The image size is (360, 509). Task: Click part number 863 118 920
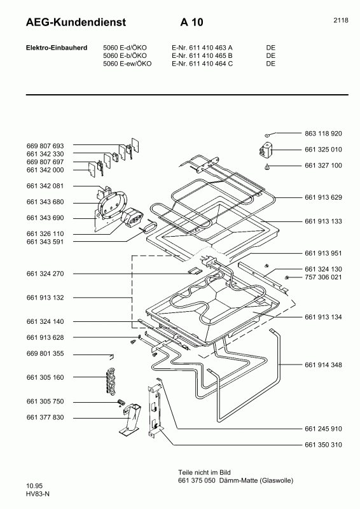pos(323,134)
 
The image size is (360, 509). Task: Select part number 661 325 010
pos(323,150)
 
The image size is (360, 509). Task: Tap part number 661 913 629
pos(323,197)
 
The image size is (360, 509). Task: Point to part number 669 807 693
pos(45,146)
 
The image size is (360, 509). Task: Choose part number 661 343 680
pos(45,202)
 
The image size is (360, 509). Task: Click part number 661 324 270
pos(45,274)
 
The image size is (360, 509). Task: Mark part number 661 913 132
pos(45,298)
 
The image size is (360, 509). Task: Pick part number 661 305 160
pos(45,378)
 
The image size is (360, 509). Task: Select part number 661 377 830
pos(45,417)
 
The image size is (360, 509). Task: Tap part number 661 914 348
pos(323,365)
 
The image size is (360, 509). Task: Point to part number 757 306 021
pos(323,277)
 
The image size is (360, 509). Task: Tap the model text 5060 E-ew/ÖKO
pos(127,64)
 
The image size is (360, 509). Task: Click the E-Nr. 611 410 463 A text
pos(202,47)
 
